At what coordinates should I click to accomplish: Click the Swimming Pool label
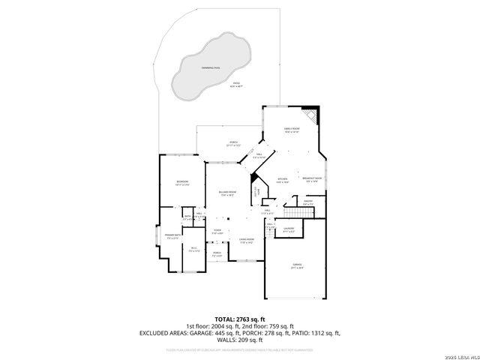211,67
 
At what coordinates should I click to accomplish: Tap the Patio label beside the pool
235,85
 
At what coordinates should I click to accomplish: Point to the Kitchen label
282,179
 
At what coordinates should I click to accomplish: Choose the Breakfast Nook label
312,179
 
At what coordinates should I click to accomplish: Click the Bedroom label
182,182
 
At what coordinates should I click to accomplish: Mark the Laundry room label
289,229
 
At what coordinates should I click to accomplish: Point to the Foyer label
217,230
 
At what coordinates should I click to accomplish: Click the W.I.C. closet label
193,249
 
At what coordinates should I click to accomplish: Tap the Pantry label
308,202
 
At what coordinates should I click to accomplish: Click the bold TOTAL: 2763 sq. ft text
240,319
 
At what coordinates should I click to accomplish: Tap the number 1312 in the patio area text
315,333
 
